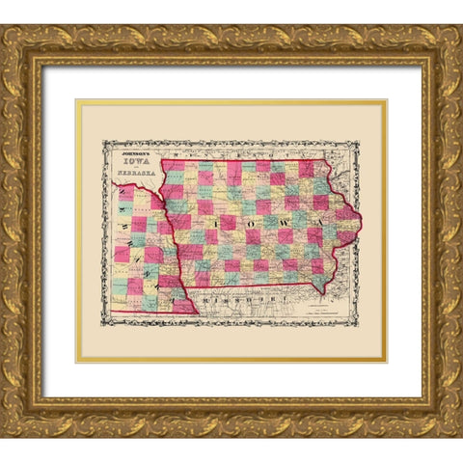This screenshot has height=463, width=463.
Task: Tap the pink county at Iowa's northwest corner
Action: point(174,166)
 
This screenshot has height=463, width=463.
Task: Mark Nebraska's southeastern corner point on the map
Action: point(197,313)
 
